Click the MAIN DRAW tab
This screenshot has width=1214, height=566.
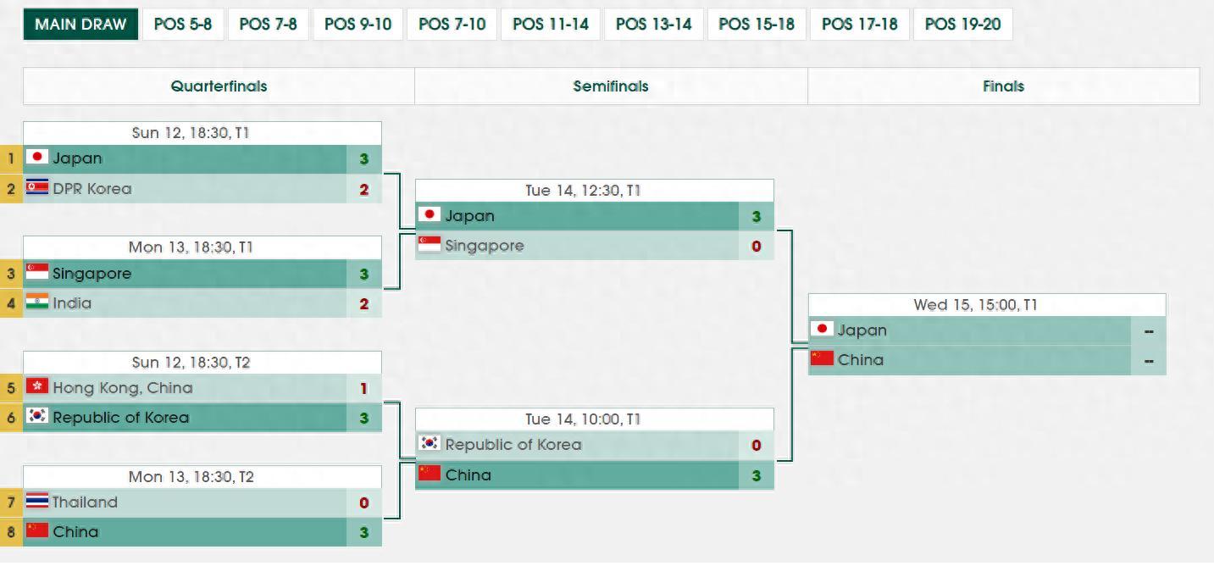tap(80, 25)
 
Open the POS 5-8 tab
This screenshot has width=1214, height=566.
tap(183, 25)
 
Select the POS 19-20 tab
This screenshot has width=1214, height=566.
tap(962, 25)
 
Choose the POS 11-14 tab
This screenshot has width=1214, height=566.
tap(551, 25)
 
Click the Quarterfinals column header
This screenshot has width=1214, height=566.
tap(219, 86)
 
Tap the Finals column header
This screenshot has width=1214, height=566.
tap(1004, 86)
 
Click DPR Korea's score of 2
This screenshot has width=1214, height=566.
tap(364, 189)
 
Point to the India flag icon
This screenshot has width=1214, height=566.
tap(37, 302)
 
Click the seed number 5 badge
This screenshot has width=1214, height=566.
tap(11, 388)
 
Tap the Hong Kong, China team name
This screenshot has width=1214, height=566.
tap(123, 388)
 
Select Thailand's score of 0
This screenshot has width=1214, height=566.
tap(364, 503)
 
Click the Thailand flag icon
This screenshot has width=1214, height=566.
tap(37, 501)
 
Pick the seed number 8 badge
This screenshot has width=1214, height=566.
tap(11, 532)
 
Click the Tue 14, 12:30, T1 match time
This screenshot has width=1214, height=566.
tap(583, 191)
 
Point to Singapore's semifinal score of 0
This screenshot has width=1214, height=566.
tap(757, 246)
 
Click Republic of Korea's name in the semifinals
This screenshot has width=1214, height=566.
tap(513, 445)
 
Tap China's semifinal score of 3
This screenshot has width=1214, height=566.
tap(757, 476)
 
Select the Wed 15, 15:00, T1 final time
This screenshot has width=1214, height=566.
tap(976, 305)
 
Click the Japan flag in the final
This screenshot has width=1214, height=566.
tap(822, 329)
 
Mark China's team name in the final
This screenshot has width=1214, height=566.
tap(861, 360)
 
